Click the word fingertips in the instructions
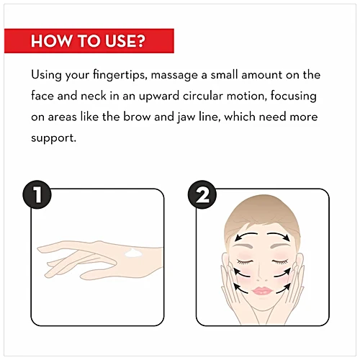tap(120, 75)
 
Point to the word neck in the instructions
tap(94, 96)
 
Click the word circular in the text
tap(203, 96)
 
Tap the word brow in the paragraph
tap(137, 117)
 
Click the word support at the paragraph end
tap(53, 138)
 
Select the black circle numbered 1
tap(37, 194)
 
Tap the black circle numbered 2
tap(202, 194)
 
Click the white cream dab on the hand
tap(133, 253)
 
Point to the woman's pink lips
tap(262, 291)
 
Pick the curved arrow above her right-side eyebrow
tap(279, 235)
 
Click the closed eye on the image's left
tap(245, 262)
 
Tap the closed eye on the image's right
tap(280, 262)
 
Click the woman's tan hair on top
tap(262, 211)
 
